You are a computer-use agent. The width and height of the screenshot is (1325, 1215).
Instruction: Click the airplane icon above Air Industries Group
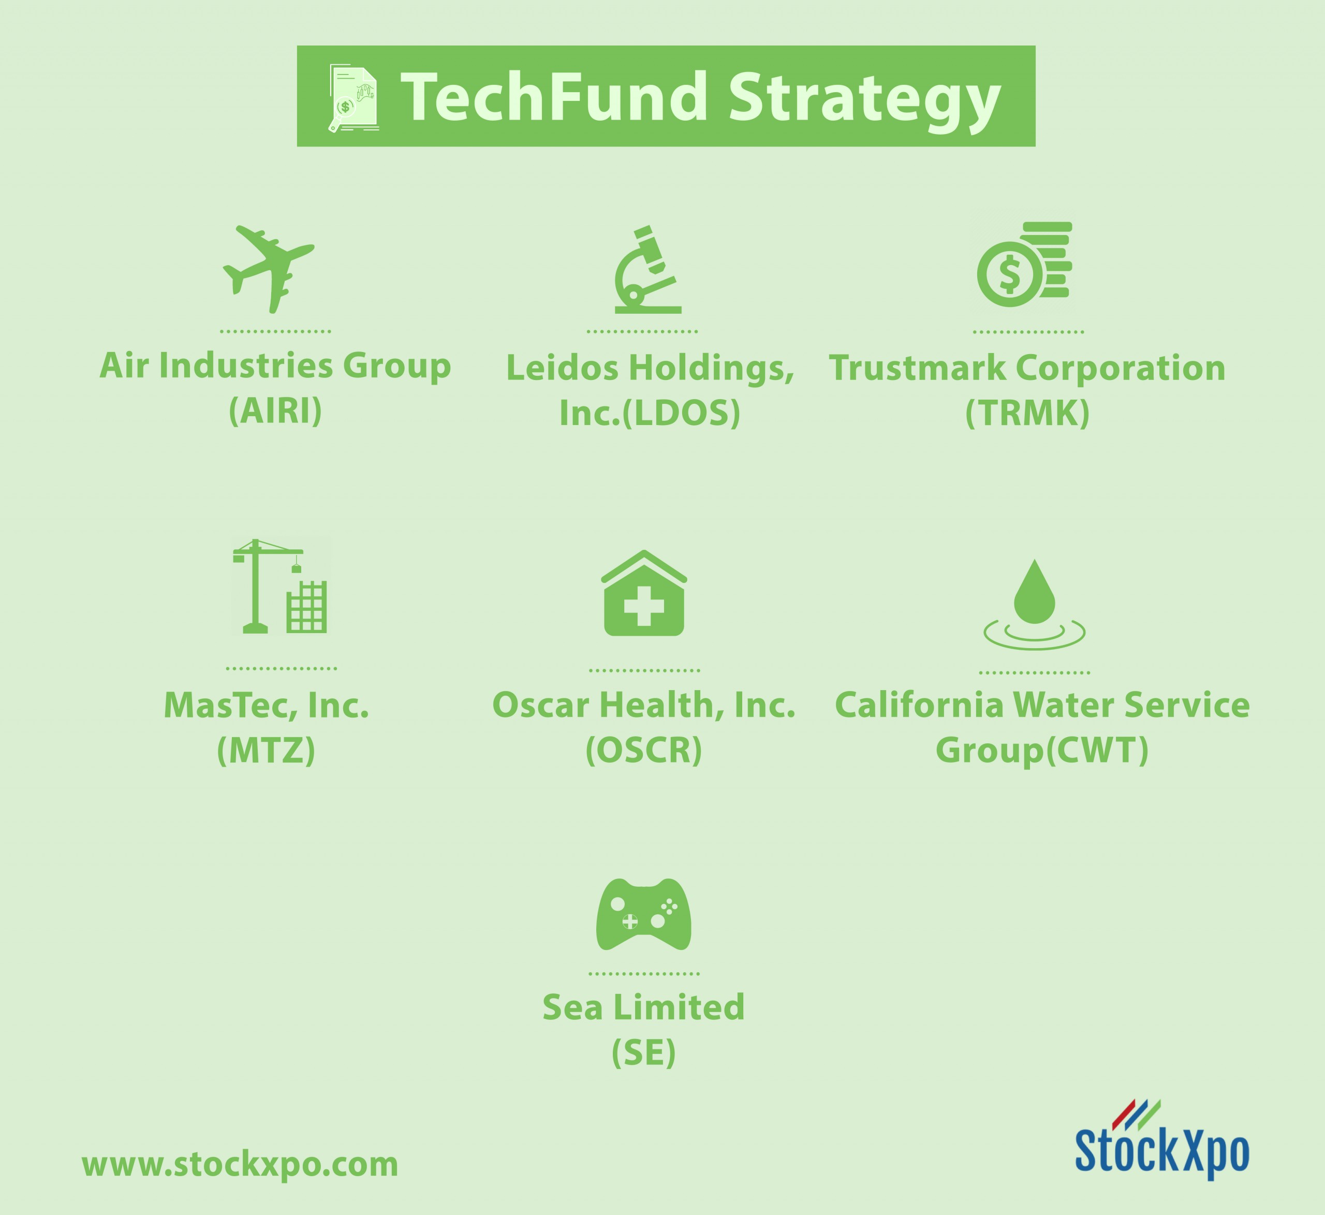(x=269, y=270)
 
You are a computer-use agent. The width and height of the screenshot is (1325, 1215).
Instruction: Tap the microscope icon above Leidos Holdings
(x=647, y=270)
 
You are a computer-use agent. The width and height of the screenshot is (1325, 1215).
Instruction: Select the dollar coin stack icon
(x=1024, y=265)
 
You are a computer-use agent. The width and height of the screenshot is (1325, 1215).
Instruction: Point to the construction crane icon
(x=280, y=587)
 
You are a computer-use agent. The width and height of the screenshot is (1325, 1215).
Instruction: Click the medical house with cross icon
(x=644, y=593)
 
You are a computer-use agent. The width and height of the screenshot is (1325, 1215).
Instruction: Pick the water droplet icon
(x=1035, y=604)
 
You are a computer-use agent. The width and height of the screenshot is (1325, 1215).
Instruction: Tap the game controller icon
(x=643, y=914)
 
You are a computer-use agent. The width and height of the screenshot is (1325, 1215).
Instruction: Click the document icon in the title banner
(x=354, y=98)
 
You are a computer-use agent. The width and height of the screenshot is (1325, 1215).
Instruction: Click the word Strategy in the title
(x=865, y=100)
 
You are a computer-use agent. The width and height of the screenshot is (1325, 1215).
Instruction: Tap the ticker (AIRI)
(x=275, y=411)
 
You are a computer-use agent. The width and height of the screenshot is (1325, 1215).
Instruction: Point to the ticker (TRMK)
(x=1027, y=413)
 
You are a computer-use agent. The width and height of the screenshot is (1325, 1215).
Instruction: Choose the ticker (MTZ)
(x=266, y=750)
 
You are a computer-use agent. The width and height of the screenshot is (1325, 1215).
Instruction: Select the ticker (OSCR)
(x=644, y=750)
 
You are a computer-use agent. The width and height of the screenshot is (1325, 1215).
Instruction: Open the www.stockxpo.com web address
(x=240, y=1164)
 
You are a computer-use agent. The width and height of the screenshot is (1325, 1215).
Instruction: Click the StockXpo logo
(x=1161, y=1143)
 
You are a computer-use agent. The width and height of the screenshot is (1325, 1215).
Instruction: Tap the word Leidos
(x=563, y=368)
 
